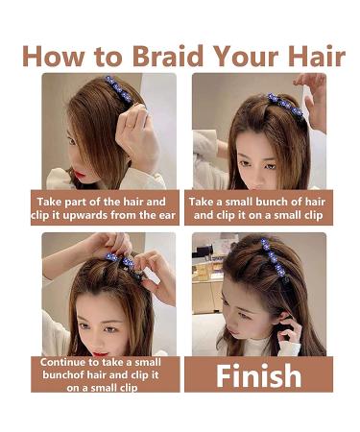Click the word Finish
(259, 374)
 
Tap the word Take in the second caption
(205, 202)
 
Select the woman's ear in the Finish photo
(284, 317)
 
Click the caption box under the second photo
(259, 208)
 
